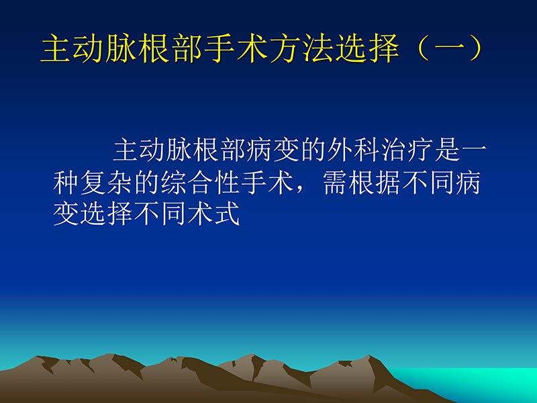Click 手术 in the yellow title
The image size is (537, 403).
[235, 49]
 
